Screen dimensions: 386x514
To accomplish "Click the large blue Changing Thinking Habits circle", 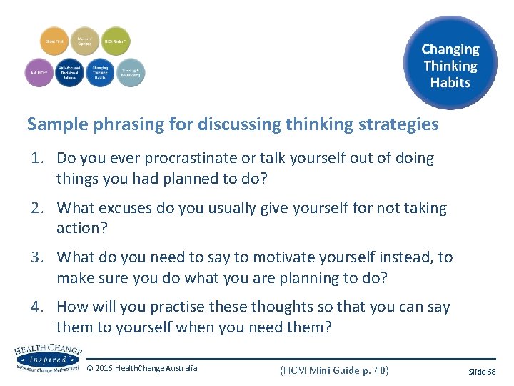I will (450, 65).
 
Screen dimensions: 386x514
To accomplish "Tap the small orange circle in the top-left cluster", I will (55, 42).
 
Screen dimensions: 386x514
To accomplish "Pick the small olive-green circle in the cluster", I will (116, 42).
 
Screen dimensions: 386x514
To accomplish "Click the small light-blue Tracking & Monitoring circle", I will (130, 72).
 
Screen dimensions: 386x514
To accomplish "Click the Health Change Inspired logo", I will (46, 356).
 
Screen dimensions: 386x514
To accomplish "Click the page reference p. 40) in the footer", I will (372, 370).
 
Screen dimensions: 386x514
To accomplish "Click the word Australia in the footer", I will (181, 369).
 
